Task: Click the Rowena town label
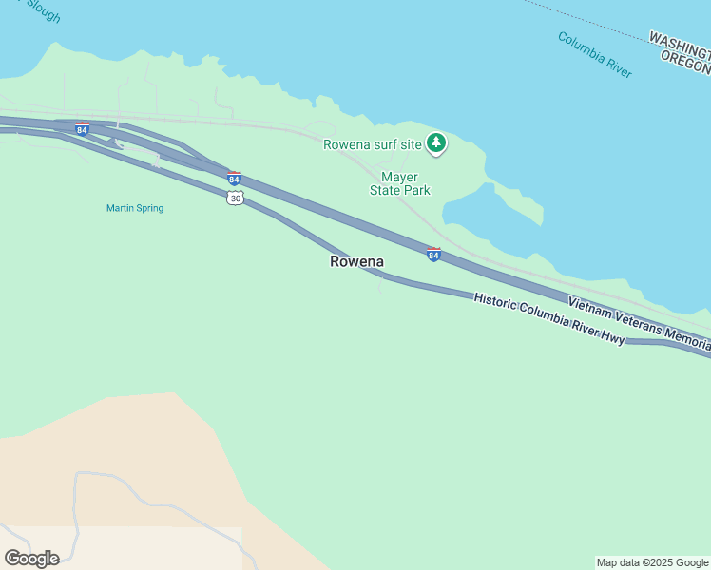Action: point(356,261)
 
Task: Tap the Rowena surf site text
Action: point(372,144)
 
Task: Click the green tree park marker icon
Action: point(436,142)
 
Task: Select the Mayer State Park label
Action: point(400,183)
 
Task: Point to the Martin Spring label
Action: point(135,208)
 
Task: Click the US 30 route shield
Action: point(235,197)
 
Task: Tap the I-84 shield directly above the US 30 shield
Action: point(234,178)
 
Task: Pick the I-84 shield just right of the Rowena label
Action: point(433,254)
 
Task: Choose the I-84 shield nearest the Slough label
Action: point(83,128)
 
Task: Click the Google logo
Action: point(31,558)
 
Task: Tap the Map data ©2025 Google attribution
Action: point(652,562)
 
